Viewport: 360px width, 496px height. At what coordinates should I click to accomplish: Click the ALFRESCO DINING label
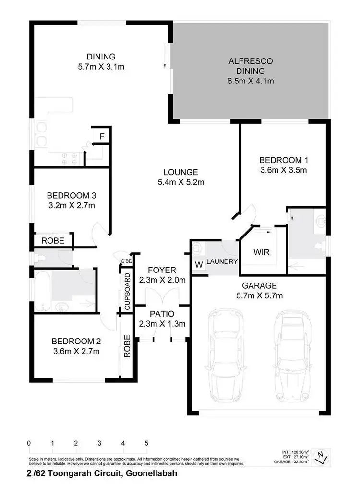(251, 61)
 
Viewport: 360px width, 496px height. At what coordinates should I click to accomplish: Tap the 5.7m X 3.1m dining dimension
(101, 67)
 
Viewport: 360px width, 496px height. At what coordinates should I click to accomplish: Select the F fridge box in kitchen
(101, 136)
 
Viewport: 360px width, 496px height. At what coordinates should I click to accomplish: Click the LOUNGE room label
(180, 172)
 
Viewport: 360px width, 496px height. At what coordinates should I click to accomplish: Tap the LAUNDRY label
(222, 262)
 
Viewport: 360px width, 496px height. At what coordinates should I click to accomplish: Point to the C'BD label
(126, 260)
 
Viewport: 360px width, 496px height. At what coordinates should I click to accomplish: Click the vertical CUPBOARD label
(127, 291)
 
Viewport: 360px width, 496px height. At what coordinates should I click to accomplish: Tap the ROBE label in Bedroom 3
(53, 241)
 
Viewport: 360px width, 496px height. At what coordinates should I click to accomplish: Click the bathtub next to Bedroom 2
(42, 291)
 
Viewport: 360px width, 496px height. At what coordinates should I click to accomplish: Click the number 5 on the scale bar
(146, 443)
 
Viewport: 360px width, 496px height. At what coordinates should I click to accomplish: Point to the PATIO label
(162, 314)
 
